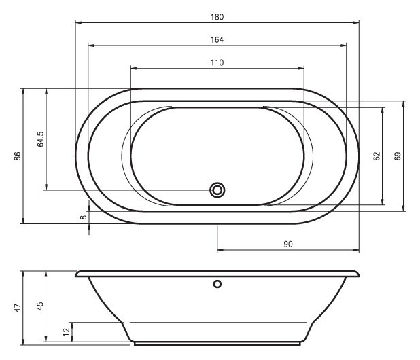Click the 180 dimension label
[x=217, y=17]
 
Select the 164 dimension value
[x=217, y=40]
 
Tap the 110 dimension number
[x=217, y=62]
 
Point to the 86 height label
[x=18, y=156]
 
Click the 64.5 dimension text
[x=41, y=139]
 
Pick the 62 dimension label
[x=377, y=156]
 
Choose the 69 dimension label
[x=398, y=156]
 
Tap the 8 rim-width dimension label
[x=84, y=217]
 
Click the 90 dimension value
[x=288, y=244]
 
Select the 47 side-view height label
[x=18, y=308]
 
